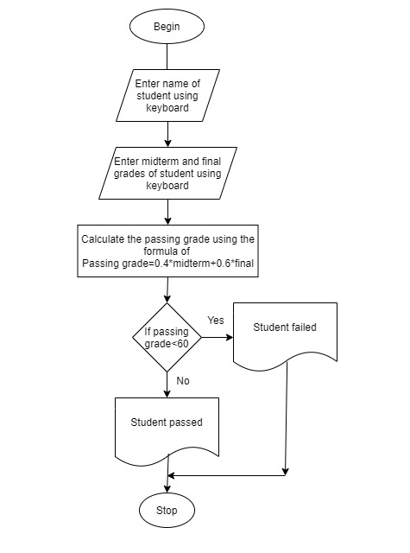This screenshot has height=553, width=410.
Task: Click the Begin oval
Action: [x=167, y=27]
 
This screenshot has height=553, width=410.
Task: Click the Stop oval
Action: [x=167, y=511]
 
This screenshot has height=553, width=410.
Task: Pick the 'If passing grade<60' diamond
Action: [x=167, y=337]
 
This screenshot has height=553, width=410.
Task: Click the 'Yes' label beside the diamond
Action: [x=216, y=320]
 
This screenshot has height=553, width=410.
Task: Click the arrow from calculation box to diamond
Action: [x=167, y=290]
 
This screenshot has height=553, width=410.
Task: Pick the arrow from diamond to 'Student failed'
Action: [x=216, y=337]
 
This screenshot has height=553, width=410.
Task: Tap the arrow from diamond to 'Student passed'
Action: [x=167, y=384]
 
